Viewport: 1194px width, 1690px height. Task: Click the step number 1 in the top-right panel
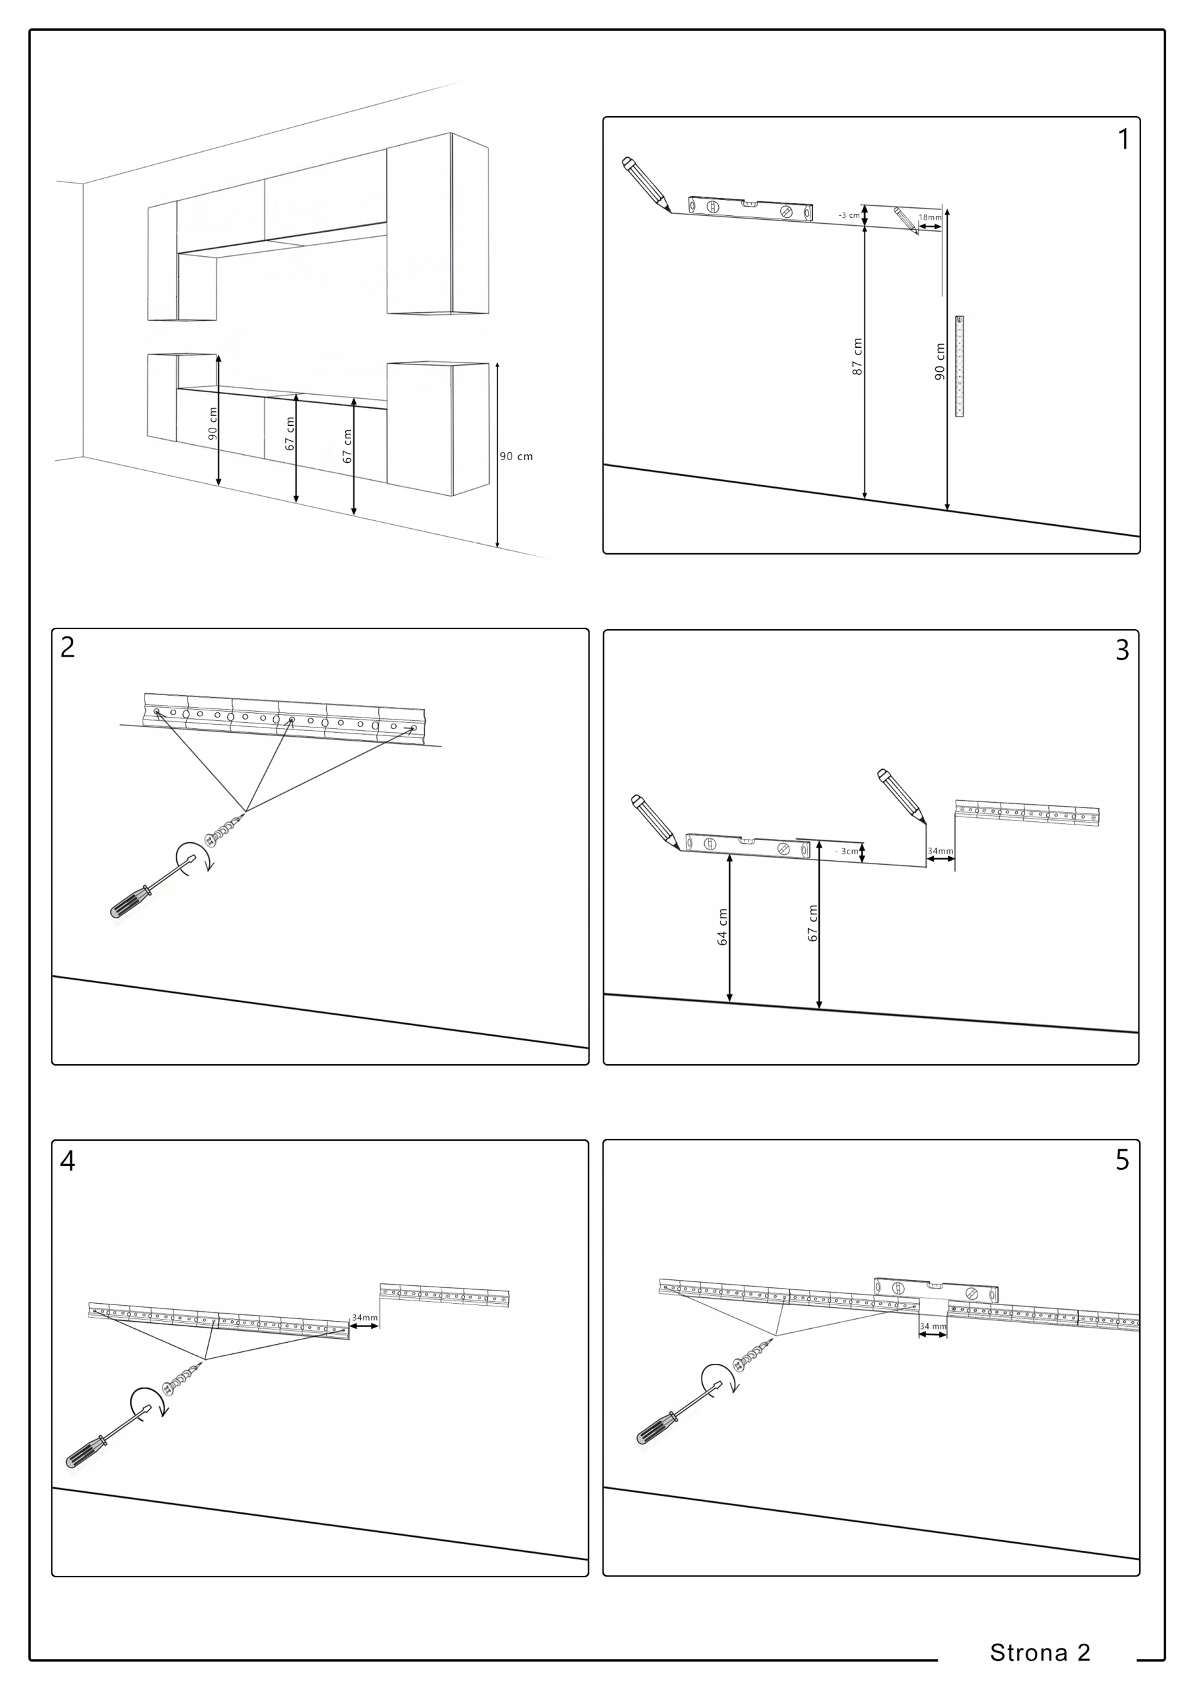click(x=1123, y=139)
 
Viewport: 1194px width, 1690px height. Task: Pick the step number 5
click(x=1122, y=1160)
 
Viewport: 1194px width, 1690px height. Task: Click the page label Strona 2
click(x=1040, y=1652)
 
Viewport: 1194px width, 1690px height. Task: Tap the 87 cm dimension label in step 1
click(x=857, y=357)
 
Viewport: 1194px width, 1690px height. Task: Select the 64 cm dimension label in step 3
click(x=722, y=927)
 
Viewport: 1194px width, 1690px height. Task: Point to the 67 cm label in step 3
click(x=813, y=923)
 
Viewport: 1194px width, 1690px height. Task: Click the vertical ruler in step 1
click(x=959, y=366)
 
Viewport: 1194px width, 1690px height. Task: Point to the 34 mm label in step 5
click(x=933, y=1326)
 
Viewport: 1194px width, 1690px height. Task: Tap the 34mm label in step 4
click(x=364, y=1318)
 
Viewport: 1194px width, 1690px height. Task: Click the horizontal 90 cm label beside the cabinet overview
click(x=516, y=456)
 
